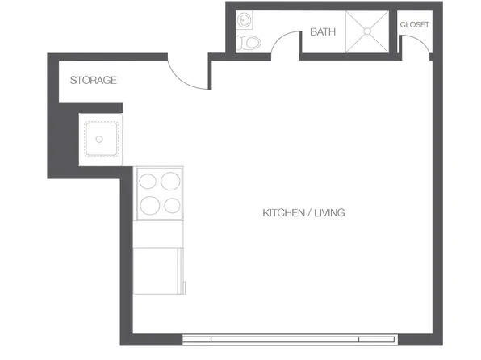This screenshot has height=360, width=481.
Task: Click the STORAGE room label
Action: (94, 81)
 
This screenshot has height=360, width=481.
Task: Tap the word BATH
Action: (323, 32)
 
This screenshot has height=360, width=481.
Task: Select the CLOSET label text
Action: (415, 24)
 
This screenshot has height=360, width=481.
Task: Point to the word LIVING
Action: (330, 213)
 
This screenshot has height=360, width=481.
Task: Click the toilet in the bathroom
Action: (251, 42)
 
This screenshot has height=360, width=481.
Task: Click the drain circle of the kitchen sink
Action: (99, 139)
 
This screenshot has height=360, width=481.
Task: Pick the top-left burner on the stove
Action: (149, 182)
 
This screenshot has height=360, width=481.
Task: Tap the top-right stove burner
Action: (170, 182)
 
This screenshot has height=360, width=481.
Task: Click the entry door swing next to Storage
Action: (190, 77)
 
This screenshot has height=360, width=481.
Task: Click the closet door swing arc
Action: (418, 48)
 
